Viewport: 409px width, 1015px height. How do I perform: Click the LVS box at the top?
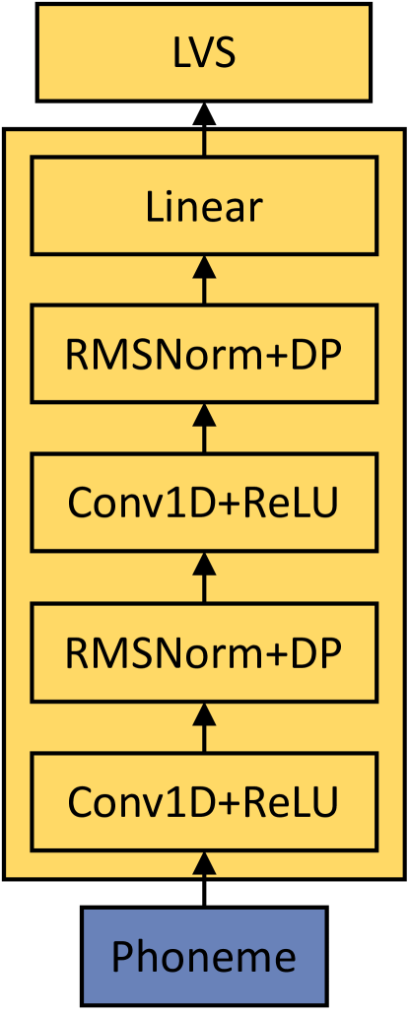pyautogui.click(x=204, y=51)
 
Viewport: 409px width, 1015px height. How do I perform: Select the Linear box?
pyautogui.click(x=204, y=207)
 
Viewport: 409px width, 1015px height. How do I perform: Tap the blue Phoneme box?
pyautogui.click(x=204, y=956)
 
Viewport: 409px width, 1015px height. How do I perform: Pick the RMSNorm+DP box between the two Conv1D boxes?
pyautogui.click(x=204, y=651)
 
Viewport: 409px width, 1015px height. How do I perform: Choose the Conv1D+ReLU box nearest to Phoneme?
pyautogui.click(x=204, y=801)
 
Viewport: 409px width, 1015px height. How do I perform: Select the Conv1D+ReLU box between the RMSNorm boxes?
pyautogui.click(x=204, y=503)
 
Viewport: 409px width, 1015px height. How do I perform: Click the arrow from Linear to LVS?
pyautogui.click(x=204, y=128)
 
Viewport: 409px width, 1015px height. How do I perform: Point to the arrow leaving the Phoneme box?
pyautogui.click(x=204, y=879)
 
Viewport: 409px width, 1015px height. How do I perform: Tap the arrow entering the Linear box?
pyautogui.click(x=204, y=280)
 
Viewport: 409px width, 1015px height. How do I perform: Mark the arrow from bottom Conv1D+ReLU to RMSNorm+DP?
pyautogui.click(x=204, y=726)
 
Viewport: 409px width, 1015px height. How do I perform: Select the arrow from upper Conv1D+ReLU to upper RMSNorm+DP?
pyautogui.click(x=204, y=429)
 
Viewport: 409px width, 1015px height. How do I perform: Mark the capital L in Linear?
pyautogui.click(x=154, y=207)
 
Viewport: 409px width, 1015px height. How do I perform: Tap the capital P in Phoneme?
pyautogui.click(x=122, y=956)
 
